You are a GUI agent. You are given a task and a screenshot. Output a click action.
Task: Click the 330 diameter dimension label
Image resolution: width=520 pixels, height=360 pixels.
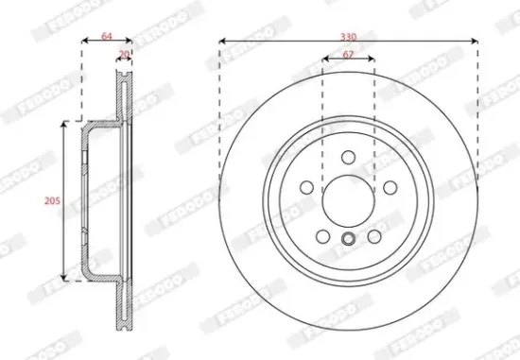348,36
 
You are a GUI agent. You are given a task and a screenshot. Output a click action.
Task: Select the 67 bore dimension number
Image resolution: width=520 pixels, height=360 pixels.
348,56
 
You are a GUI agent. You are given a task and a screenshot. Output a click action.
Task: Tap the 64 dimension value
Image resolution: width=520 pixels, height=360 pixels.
106,36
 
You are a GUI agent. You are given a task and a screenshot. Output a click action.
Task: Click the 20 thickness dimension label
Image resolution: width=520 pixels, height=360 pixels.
124,56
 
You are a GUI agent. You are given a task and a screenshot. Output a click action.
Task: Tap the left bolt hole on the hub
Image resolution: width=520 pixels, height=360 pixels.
305,187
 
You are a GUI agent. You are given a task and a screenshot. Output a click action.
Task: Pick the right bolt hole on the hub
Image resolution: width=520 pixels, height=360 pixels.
390,187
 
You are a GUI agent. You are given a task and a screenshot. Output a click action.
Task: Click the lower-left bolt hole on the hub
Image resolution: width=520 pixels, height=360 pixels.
321,236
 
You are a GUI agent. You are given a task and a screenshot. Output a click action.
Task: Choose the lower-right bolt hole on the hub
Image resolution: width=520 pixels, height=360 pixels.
373,236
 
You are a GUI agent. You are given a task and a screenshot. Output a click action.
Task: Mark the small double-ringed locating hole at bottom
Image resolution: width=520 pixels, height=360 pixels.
347,240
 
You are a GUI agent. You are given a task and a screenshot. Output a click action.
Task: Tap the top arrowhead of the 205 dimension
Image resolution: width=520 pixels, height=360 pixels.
64,125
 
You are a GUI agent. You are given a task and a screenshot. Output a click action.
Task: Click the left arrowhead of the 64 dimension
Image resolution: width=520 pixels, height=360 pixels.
85,43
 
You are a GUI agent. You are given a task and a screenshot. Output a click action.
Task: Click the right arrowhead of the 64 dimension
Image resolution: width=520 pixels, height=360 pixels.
129,43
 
